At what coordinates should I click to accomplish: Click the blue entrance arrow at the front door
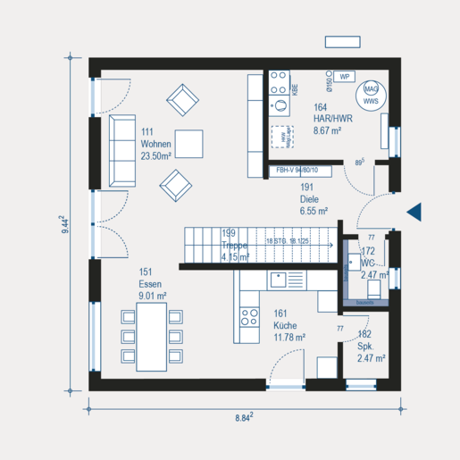click(414, 211)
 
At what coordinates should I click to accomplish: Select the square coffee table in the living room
click(188, 143)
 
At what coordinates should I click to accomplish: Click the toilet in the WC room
click(351, 265)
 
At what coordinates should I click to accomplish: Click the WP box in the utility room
click(344, 77)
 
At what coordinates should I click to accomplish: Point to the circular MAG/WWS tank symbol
click(370, 95)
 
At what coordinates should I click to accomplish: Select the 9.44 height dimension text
click(65, 224)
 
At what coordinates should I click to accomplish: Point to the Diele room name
click(309, 201)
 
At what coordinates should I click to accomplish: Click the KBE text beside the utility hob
click(294, 88)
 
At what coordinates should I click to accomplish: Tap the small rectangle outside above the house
click(342, 42)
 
